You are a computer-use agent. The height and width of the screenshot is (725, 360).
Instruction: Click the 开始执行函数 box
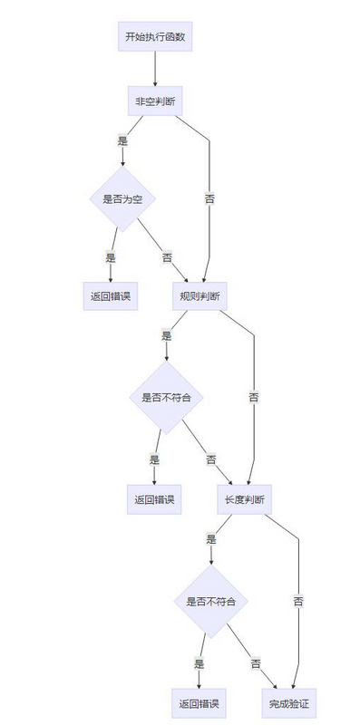click(155, 37)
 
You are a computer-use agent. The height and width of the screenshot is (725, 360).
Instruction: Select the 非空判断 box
click(155, 101)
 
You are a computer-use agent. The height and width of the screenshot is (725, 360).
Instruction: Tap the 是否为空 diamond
click(122, 198)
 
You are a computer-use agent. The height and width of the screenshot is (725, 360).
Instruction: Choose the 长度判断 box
click(244, 499)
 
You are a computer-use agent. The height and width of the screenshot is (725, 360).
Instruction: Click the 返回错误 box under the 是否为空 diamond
click(111, 296)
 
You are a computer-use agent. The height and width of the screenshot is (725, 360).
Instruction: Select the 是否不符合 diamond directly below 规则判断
click(167, 397)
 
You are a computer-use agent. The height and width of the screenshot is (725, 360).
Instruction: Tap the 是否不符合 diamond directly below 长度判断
click(211, 600)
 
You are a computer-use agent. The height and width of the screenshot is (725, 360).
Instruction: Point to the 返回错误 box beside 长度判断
click(154, 499)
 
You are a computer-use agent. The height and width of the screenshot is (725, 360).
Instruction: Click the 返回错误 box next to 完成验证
click(199, 702)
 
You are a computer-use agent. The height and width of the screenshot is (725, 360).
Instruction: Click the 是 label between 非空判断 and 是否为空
click(122, 140)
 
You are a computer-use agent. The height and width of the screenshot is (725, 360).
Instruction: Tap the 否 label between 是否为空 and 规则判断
click(167, 257)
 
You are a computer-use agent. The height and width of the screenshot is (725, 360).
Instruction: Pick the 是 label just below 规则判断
click(166, 335)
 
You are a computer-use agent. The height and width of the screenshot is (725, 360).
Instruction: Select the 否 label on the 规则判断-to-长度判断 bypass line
click(254, 396)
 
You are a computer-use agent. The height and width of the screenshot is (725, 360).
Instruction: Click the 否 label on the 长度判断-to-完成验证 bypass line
click(298, 600)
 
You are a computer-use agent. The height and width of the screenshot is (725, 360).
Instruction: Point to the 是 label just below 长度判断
click(210, 538)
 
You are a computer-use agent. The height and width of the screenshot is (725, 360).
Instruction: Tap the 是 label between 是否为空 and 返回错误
click(111, 257)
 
